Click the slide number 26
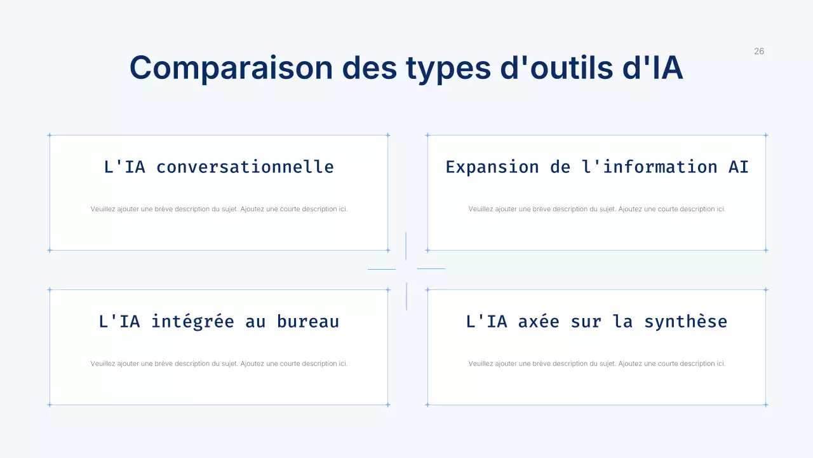point(759,52)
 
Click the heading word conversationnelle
point(245,167)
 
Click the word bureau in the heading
point(308,321)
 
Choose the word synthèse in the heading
point(686,321)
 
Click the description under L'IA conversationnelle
point(219,209)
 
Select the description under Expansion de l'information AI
point(597,209)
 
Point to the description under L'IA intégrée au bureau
point(219,364)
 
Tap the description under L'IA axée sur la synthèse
point(597,364)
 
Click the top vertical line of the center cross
point(406,246)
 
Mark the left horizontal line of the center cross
point(382,269)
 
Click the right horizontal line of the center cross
point(431,268)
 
